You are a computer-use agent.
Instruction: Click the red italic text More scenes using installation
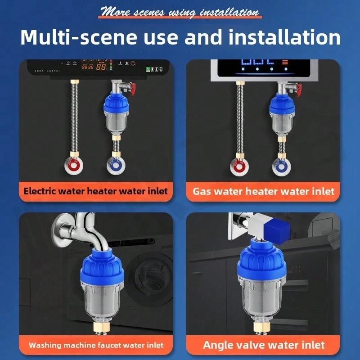pos(180,11)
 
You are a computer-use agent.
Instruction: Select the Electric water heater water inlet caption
pos(95,191)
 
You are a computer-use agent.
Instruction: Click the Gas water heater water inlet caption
pos(264,191)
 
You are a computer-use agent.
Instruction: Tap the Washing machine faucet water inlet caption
pos(96,345)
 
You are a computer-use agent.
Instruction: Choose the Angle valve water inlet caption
pos(264,345)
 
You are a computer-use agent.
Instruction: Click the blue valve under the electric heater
pos(114,164)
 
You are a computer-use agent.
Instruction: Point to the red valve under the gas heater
pos(238,165)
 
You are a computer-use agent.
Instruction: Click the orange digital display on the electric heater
pos(95,67)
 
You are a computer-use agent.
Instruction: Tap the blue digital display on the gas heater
pos(256,63)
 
